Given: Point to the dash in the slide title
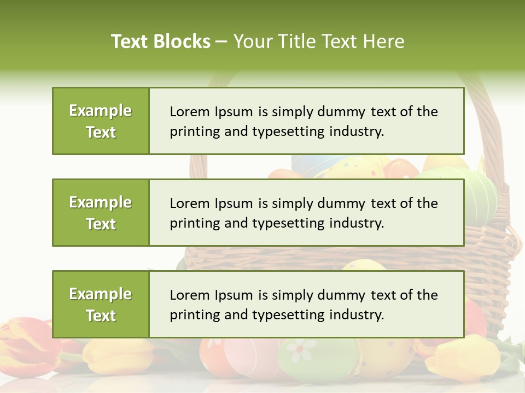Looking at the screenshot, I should click(x=221, y=42).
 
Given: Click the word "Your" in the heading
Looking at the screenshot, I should click(x=253, y=41).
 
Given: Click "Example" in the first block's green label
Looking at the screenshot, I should click(x=101, y=111).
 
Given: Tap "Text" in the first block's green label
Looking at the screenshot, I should click(x=101, y=132).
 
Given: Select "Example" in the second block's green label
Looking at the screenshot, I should click(x=101, y=203).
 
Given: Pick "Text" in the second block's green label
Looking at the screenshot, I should click(x=101, y=224).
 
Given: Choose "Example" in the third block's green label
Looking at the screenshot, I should click(x=101, y=294).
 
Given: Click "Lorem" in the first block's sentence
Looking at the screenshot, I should click(x=189, y=112).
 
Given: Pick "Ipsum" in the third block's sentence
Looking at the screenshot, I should click(x=233, y=296).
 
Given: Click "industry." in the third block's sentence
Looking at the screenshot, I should click(x=358, y=315).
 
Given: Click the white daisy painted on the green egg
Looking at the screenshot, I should click(x=301, y=350).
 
